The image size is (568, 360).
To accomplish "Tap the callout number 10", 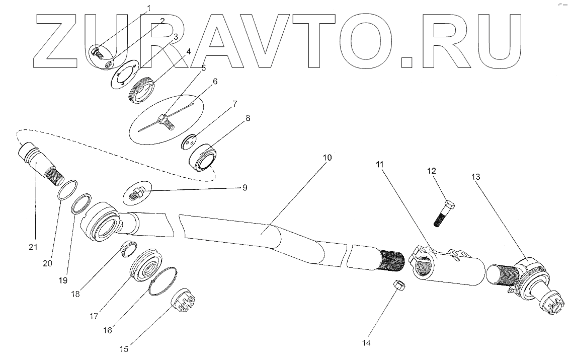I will (x=327, y=158).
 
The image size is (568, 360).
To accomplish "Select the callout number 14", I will (x=366, y=343).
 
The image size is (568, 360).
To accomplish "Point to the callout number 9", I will (x=245, y=188).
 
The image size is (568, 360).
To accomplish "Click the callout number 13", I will (x=476, y=177).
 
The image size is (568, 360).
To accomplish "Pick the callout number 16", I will (x=108, y=330).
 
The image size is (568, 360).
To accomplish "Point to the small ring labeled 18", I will (x=129, y=248).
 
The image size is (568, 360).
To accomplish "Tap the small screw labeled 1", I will (x=98, y=51).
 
